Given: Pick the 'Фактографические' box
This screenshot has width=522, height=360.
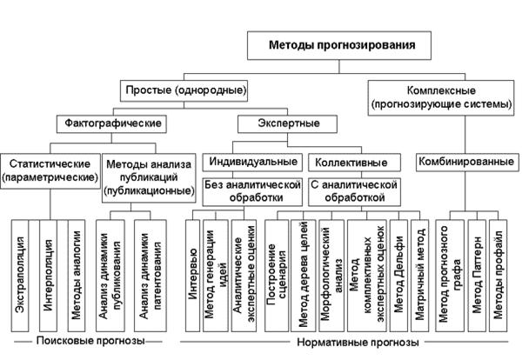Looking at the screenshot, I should click(x=110, y=123).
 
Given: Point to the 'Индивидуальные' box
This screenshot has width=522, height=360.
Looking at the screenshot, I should click(x=253, y=161).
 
